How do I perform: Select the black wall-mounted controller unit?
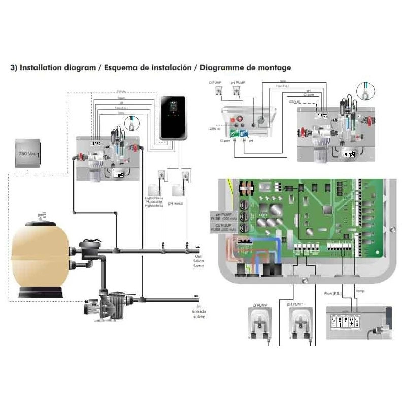(x=173, y=118)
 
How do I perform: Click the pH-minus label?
(x=182, y=202)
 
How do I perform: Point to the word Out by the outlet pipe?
(x=198, y=257)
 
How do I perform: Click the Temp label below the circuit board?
(x=360, y=291)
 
